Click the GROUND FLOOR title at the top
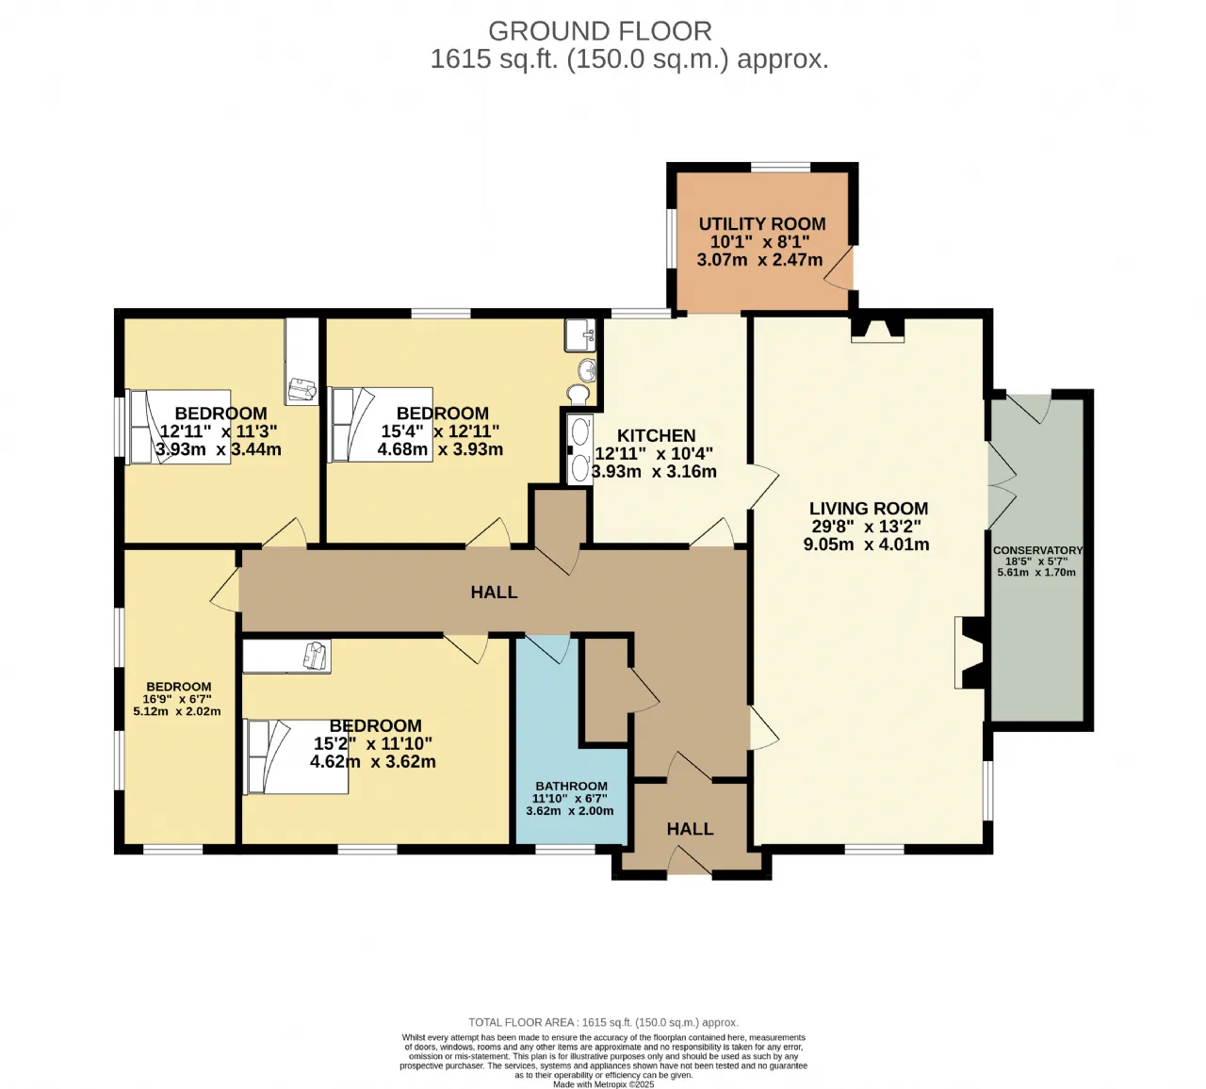pyautogui.click(x=600, y=31)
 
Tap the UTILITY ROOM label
pyautogui.click(x=761, y=223)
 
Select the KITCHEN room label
pyautogui.click(x=656, y=435)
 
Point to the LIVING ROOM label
pyautogui.click(x=868, y=508)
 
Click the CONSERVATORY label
pyautogui.click(x=1037, y=550)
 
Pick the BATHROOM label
pyautogui.click(x=571, y=786)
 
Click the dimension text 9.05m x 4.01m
pyautogui.click(x=866, y=544)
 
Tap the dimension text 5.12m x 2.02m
pyautogui.click(x=177, y=711)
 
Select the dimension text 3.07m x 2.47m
pyautogui.click(x=759, y=260)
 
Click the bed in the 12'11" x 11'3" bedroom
pyautogui.click(x=179, y=427)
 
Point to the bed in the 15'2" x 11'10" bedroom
pyautogui.click(x=296, y=756)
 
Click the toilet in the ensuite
pyautogui.click(x=579, y=395)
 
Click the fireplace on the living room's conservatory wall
pyautogui.click(x=970, y=653)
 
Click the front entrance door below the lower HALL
pyautogui.click(x=689, y=860)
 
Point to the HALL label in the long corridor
pyautogui.click(x=494, y=593)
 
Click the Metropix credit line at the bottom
pyautogui.click(x=603, y=1084)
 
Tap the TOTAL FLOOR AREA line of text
pyautogui.click(x=603, y=1022)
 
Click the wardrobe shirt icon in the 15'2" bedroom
pyautogui.click(x=317, y=655)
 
